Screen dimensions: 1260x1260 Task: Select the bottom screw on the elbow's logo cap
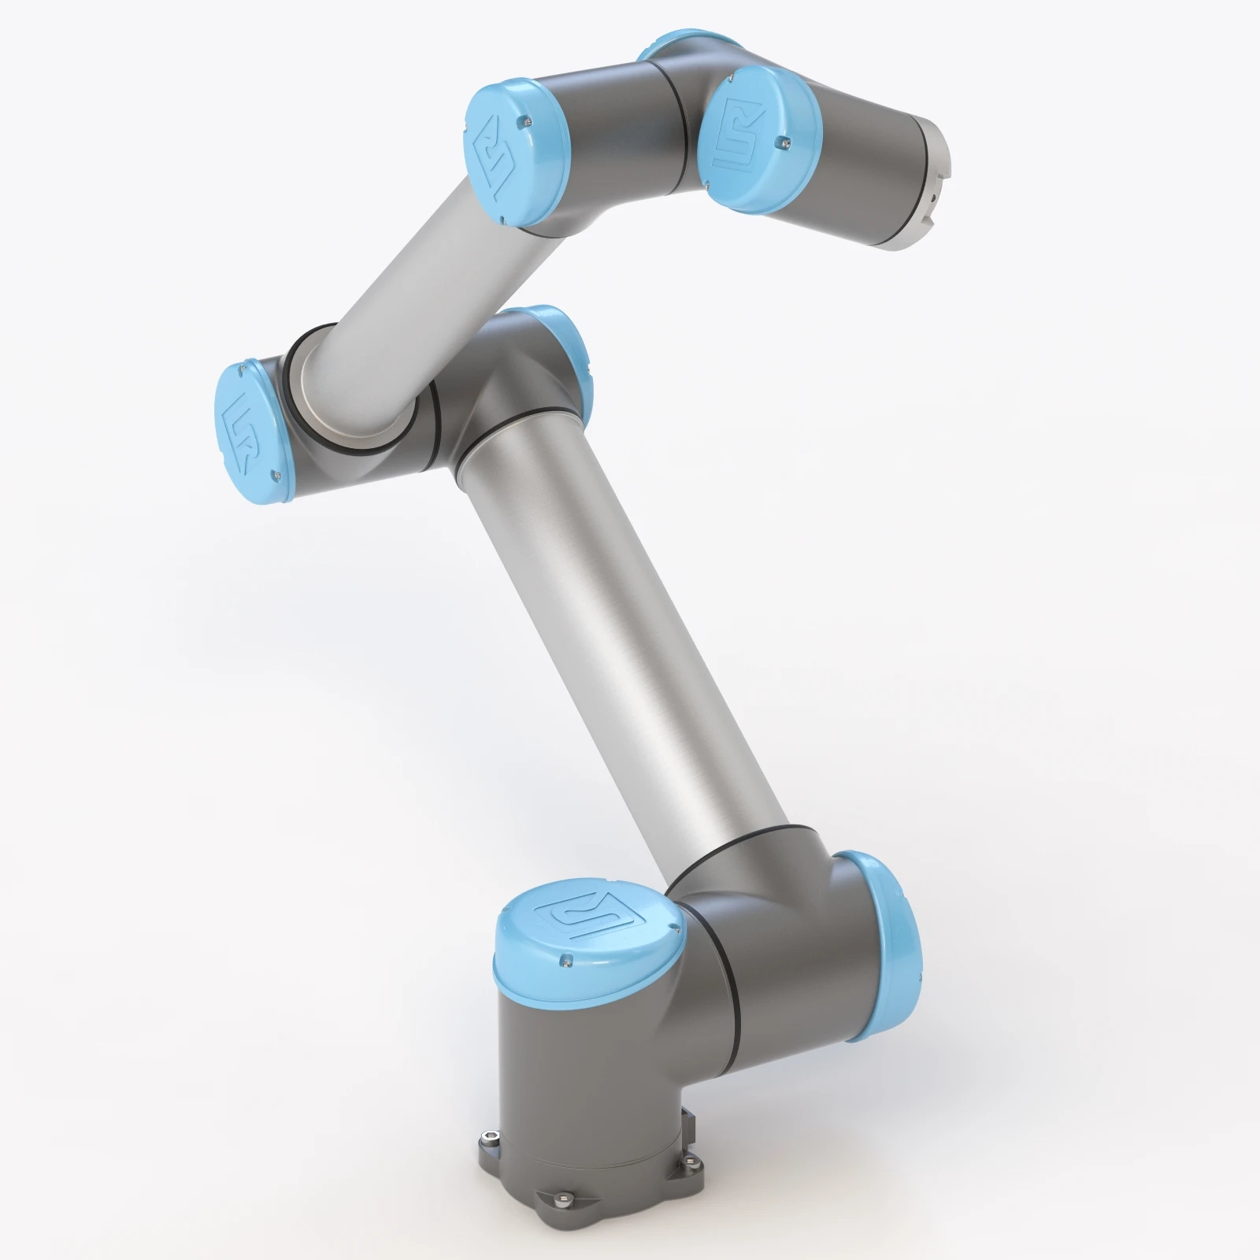click(x=276, y=475)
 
